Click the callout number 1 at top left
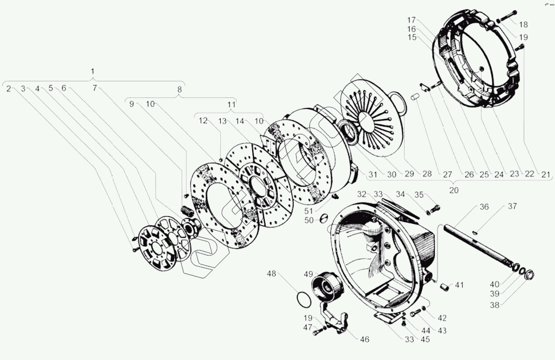93,71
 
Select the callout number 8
179,90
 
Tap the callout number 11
231,105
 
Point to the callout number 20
453,190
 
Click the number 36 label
484,207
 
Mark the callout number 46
364,340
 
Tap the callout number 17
412,20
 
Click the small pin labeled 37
475,233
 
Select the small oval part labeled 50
323,218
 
